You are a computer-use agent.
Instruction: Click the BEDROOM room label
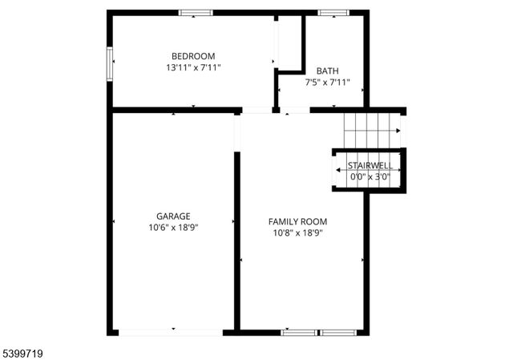coord(193,55)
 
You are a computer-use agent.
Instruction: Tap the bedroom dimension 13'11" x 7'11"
coord(193,68)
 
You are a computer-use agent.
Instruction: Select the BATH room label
coord(327,71)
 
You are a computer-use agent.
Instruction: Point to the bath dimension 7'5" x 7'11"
coord(327,82)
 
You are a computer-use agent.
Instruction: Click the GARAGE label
coord(173,216)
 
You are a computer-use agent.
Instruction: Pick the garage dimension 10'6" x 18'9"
coord(173,228)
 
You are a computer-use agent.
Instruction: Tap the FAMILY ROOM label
coord(297,221)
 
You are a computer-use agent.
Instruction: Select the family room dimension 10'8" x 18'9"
coord(297,233)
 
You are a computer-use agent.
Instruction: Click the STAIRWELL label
coord(370,165)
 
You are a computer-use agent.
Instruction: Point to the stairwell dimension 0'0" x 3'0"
coord(370,176)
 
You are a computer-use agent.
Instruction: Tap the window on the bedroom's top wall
coord(196,13)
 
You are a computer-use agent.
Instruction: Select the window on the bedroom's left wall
coord(111,63)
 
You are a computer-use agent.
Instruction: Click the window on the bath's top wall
coord(330,13)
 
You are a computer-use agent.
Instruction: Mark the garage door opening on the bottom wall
coord(172,331)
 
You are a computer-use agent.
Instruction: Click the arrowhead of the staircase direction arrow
coord(398,131)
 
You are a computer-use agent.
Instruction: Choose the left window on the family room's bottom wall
coord(298,331)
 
